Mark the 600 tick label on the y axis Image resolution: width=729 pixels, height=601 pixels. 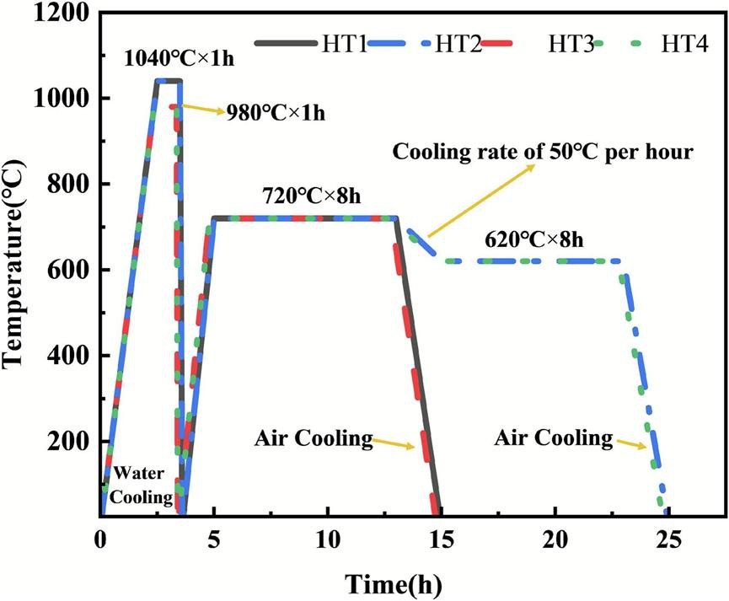pos(72,271)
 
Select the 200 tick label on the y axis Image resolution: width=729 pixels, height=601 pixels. pos(72,442)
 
